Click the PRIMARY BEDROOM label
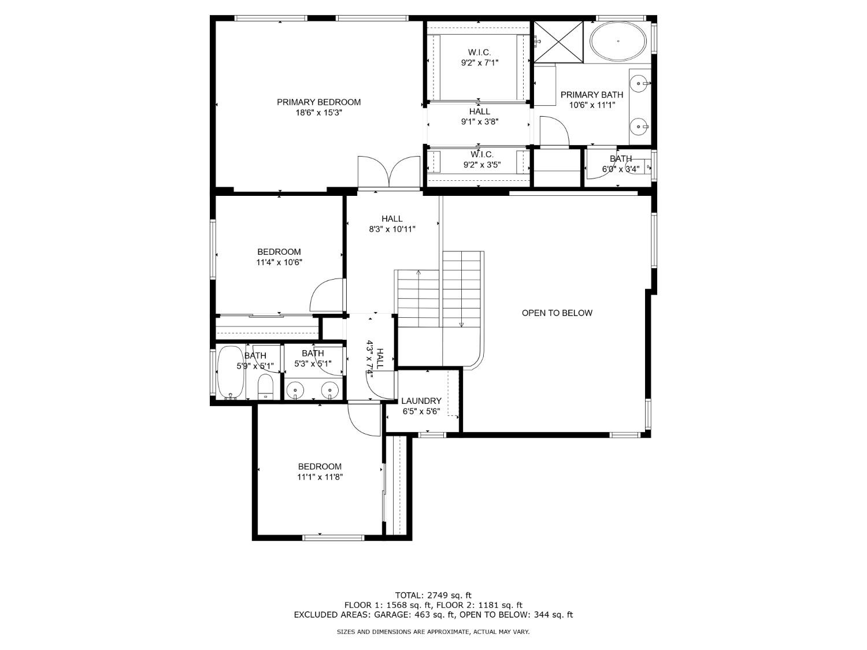click(318, 102)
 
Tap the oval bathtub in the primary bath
click(618, 41)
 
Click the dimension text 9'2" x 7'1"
click(479, 62)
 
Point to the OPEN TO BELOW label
click(557, 313)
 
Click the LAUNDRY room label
click(421, 401)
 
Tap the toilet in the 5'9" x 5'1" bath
click(265, 387)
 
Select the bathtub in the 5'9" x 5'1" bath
click(230, 373)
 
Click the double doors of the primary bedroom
click(389, 172)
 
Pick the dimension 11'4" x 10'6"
click(279, 262)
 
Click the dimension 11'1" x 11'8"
click(320, 477)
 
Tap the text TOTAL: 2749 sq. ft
click(433, 595)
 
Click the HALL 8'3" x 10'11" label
click(392, 224)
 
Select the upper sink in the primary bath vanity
click(639, 84)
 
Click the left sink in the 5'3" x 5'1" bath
click(296, 391)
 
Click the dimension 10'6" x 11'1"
click(592, 105)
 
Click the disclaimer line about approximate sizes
click(433, 632)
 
